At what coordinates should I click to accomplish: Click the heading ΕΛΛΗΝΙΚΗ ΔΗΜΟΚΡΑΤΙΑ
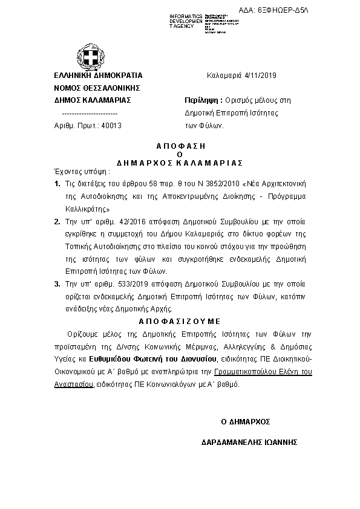point(98,76)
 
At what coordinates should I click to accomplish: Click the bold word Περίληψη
point(201,100)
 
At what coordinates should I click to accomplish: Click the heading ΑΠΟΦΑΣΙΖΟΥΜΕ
point(180,320)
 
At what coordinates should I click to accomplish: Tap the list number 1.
point(57,183)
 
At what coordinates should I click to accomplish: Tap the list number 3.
point(57,284)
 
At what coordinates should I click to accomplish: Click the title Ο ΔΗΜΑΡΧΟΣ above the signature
point(245,421)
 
